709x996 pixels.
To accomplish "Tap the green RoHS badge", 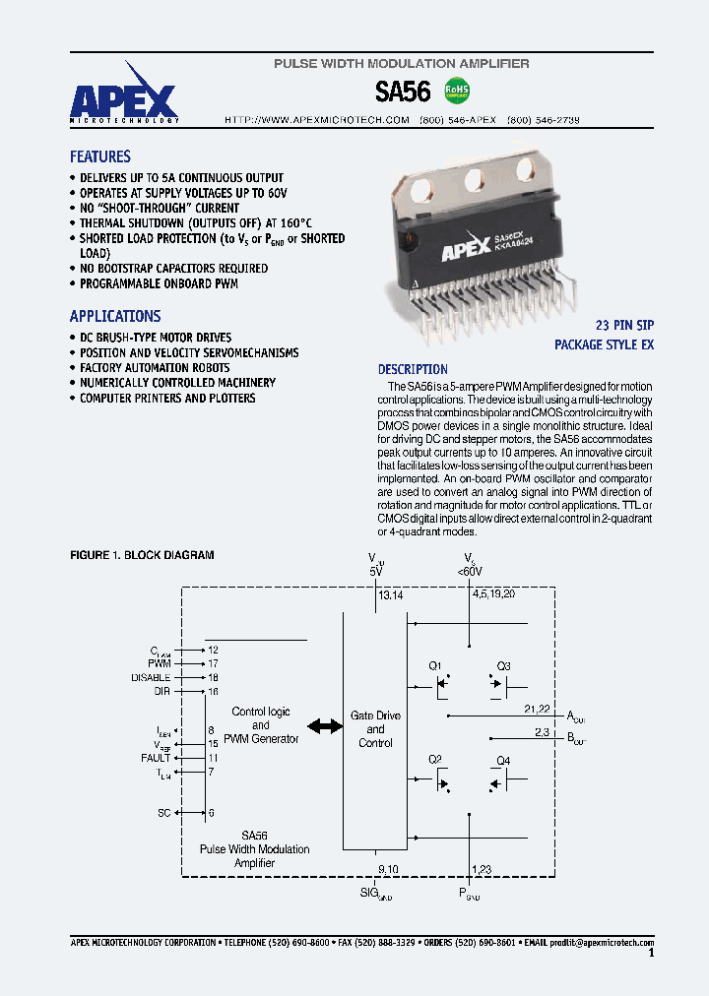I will (458, 91).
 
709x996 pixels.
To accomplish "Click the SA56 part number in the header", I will (404, 92).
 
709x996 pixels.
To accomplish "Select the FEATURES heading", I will (99, 156).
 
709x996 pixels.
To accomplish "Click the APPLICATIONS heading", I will (115, 316).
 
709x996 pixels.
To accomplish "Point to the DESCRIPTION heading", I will (413, 369).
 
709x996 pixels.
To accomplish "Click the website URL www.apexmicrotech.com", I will (317, 119).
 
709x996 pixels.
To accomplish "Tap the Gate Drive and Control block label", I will (375, 729).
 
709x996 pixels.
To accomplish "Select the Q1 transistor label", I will (435, 665).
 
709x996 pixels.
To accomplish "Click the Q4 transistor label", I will (503, 760).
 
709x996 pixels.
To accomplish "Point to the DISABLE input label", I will (151, 677).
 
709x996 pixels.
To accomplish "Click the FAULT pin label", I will (156, 758).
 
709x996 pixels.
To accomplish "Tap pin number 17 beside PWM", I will (212, 663).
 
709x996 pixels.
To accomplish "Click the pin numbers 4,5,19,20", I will (493, 594).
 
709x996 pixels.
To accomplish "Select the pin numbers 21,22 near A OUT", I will (537, 709).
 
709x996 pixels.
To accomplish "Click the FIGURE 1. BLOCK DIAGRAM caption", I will (142, 555).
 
